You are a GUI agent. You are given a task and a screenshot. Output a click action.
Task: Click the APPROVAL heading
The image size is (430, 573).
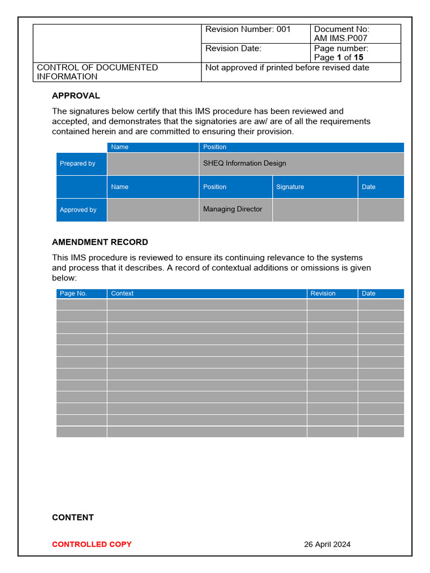pyautogui.click(x=76, y=96)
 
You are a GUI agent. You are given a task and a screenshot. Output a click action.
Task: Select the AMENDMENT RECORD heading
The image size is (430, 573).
pyautogui.click(x=100, y=242)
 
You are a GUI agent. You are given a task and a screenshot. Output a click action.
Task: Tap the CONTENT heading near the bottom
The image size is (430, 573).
pyautogui.click(x=73, y=518)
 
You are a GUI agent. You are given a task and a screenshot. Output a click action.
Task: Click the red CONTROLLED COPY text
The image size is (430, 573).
pyautogui.click(x=92, y=544)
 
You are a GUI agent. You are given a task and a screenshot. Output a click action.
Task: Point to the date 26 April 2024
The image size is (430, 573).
pyautogui.click(x=327, y=544)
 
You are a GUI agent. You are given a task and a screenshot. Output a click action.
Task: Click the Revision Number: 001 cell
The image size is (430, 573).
pyautogui.click(x=248, y=30)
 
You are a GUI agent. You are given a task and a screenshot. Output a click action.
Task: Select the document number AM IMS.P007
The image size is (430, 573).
pyautogui.click(x=340, y=39)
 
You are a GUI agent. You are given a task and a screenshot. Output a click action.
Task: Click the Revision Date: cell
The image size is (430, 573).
pyautogui.click(x=233, y=49)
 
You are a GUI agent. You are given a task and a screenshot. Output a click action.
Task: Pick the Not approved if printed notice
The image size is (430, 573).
pyautogui.click(x=287, y=68)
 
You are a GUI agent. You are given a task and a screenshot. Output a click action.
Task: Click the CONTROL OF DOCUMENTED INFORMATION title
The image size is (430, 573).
pyautogui.click(x=97, y=72)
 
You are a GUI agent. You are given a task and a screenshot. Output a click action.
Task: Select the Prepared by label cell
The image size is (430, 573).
pyautogui.click(x=78, y=163)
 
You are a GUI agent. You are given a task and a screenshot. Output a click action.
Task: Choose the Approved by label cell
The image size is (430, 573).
pyautogui.click(x=78, y=210)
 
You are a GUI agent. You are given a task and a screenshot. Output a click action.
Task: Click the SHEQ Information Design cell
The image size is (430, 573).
pyautogui.click(x=245, y=163)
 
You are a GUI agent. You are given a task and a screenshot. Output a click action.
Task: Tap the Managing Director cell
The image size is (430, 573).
pyautogui.click(x=233, y=209)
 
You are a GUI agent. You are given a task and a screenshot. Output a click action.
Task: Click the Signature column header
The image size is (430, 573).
pyautogui.click(x=290, y=187)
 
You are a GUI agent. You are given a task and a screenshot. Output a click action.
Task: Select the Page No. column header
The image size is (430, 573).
pyautogui.click(x=73, y=293)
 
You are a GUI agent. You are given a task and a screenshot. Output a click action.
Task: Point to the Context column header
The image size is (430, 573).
pyautogui.click(x=123, y=293)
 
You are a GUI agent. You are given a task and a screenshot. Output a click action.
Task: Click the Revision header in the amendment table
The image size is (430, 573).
pyautogui.click(x=323, y=293)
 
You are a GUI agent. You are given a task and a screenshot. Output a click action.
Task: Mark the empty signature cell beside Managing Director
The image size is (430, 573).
pyautogui.click(x=315, y=210)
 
